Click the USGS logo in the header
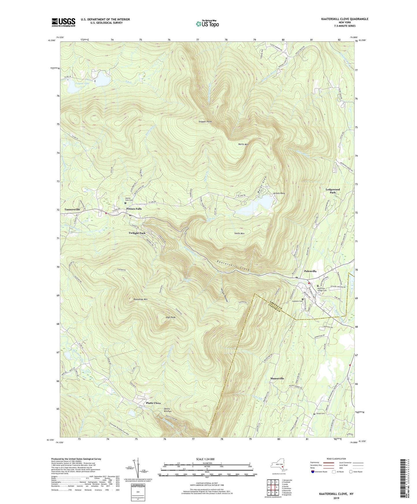63,22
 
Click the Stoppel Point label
205,122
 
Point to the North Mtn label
243,144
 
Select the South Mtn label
239,233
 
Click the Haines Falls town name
134,209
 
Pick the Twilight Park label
137,233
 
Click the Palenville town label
310,271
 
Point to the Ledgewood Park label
333,191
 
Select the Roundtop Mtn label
141,299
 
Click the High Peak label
171,317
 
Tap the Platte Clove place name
153,403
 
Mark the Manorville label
277,378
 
